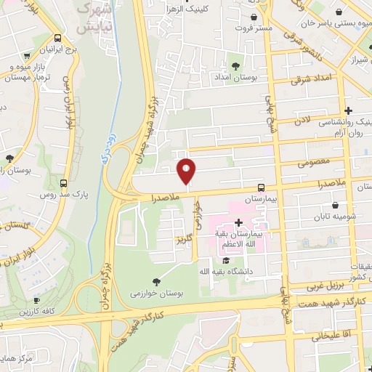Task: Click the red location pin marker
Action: (x=187, y=171)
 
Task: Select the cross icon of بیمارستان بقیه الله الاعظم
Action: (x=238, y=222)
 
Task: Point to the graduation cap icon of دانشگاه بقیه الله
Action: (x=227, y=260)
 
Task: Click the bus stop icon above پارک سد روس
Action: (x=64, y=184)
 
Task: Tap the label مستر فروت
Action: (x=253, y=28)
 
